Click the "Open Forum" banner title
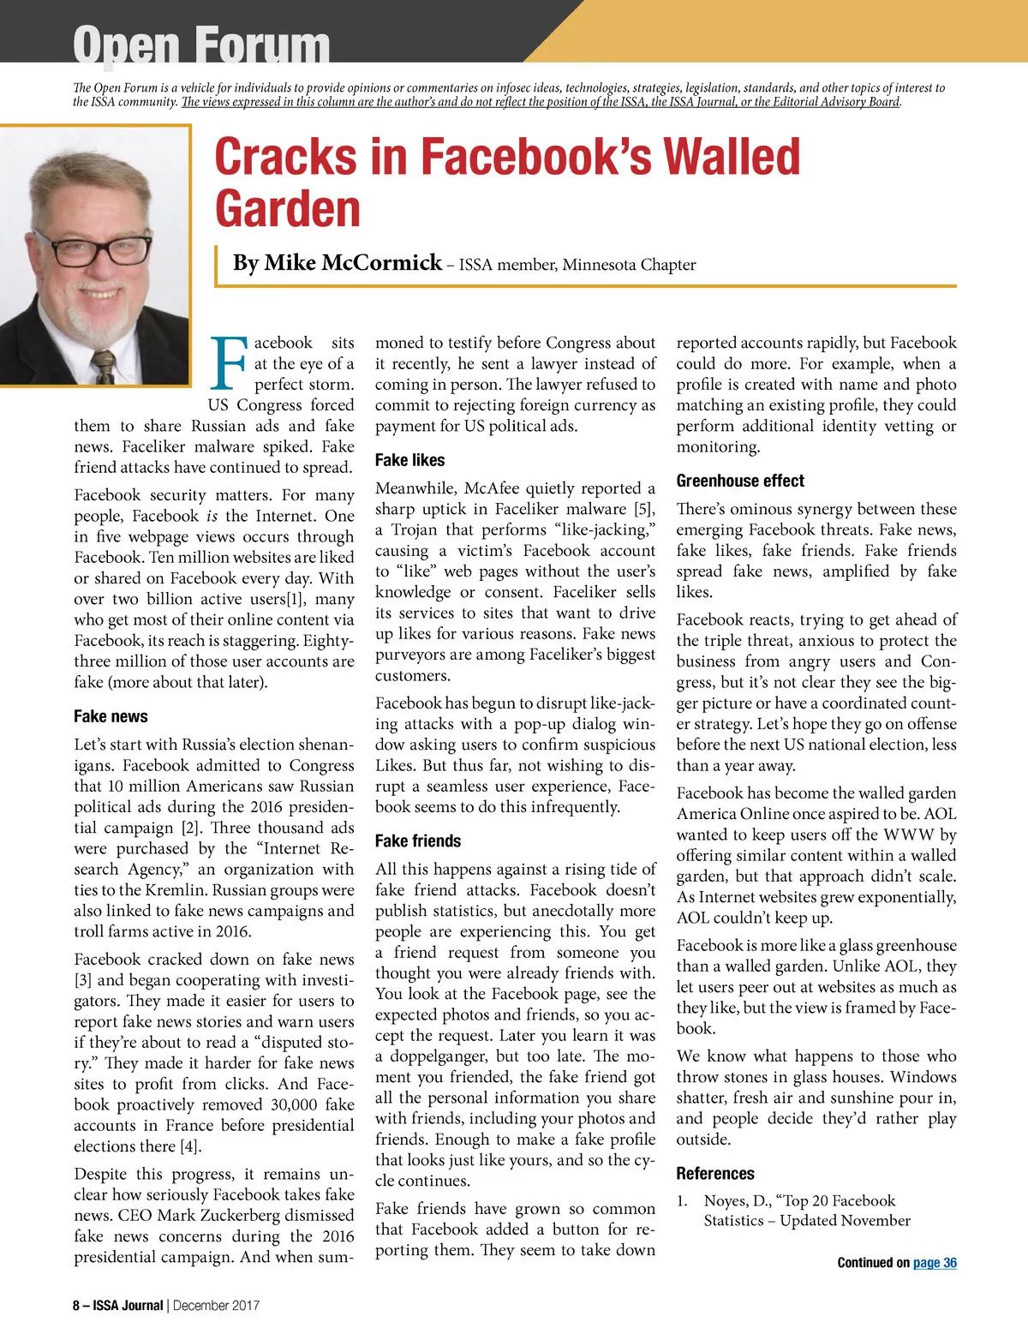pos(201,45)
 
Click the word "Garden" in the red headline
pos(288,209)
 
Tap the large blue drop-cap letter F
pos(229,364)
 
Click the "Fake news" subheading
pos(111,716)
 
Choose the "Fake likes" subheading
pos(409,460)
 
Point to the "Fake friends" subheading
pos(418,840)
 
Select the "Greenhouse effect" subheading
pos(740,481)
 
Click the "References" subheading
pos(715,1173)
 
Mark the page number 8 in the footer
pos(76,1306)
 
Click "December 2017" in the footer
pos(216,1306)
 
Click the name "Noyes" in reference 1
pos(726,1200)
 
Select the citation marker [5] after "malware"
pos(644,509)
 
